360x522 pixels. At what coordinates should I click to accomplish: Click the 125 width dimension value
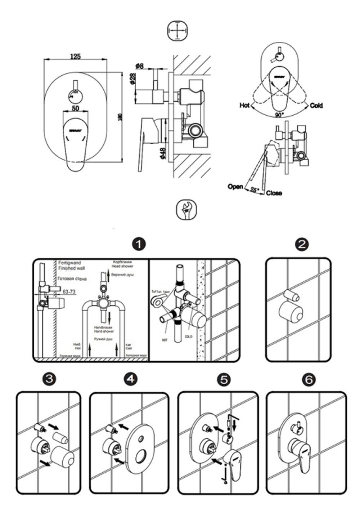click(75, 56)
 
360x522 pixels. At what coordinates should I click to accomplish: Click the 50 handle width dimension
click(75, 108)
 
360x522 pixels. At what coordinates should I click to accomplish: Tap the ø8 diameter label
click(139, 66)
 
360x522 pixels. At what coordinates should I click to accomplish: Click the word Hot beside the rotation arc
click(244, 105)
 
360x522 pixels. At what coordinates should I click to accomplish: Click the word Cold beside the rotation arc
click(316, 106)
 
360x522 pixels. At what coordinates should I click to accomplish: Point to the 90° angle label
click(278, 115)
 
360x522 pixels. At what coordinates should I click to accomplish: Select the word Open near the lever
click(235, 187)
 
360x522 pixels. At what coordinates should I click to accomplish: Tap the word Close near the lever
click(274, 193)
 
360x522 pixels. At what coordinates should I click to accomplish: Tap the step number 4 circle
click(130, 379)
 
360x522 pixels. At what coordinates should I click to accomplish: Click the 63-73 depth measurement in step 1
click(69, 292)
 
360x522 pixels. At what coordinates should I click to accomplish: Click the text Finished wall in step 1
click(71, 268)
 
